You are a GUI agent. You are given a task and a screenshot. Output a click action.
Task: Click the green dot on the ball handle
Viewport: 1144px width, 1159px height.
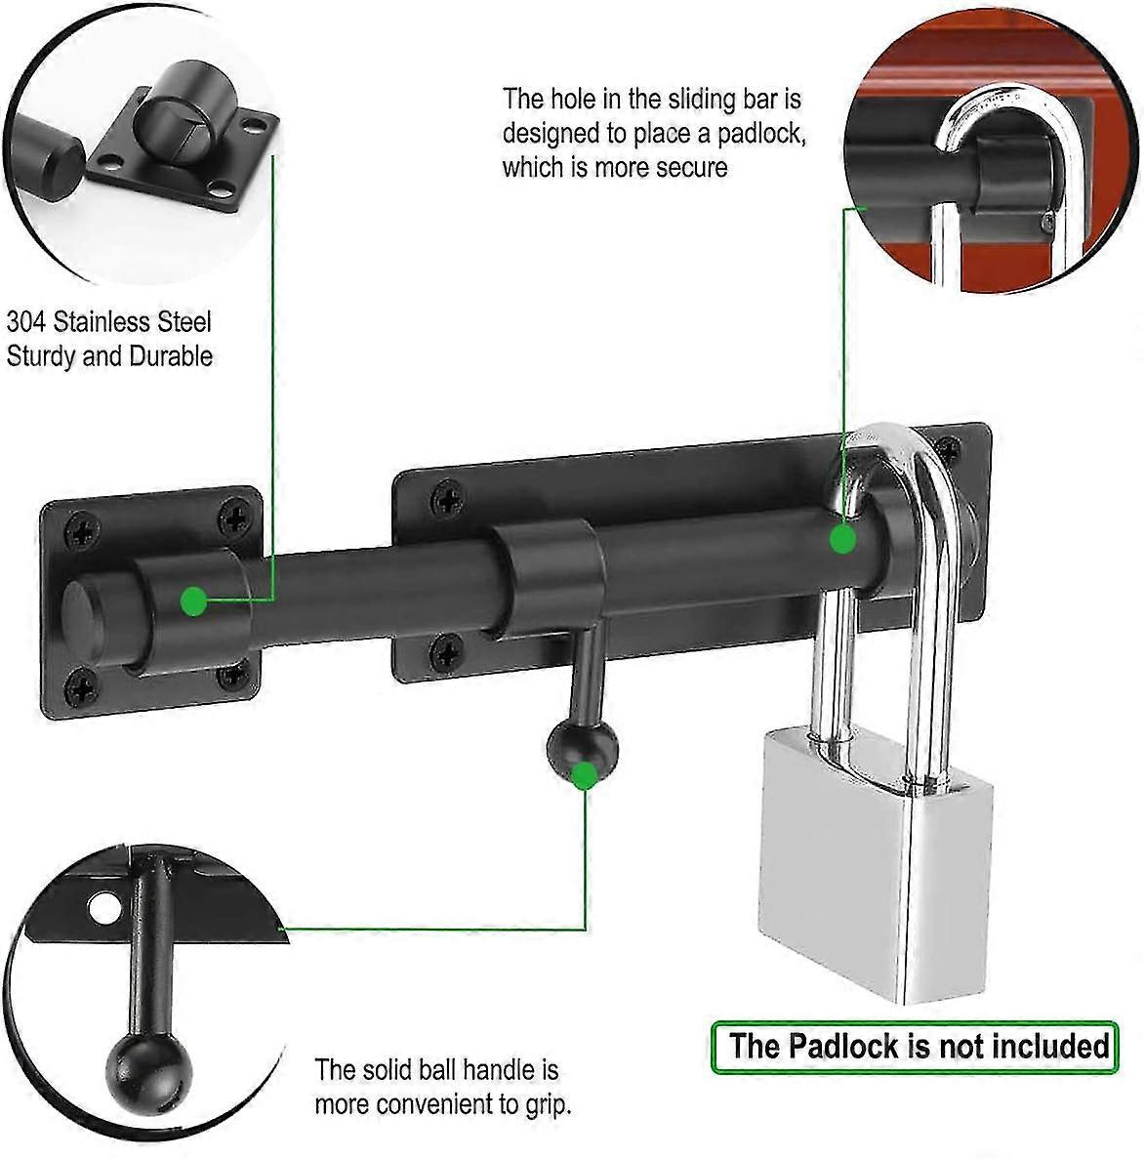(x=585, y=775)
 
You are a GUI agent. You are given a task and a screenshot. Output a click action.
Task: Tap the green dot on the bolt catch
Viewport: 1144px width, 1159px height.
(x=194, y=601)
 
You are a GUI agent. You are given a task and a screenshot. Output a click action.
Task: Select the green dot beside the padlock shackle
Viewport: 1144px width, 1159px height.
(x=843, y=538)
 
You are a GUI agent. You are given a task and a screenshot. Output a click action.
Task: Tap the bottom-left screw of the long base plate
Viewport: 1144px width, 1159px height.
(x=446, y=648)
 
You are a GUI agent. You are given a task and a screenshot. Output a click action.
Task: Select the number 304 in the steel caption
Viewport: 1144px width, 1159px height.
(x=27, y=322)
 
